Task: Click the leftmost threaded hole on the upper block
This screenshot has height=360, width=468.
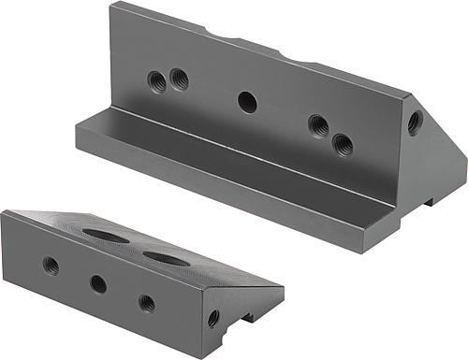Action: tap(157, 82)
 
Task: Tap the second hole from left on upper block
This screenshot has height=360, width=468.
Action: tap(179, 79)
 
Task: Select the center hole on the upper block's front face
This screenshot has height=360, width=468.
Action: tap(247, 101)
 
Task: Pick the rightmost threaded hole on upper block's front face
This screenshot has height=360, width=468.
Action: tap(344, 143)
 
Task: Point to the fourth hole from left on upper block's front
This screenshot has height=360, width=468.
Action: tap(318, 124)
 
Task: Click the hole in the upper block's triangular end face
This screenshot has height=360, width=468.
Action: tap(415, 121)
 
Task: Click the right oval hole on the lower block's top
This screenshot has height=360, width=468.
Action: tap(163, 255)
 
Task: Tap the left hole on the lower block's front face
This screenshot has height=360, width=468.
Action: tap(51, 266)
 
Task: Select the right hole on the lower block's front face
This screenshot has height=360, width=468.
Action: tap(147, 302)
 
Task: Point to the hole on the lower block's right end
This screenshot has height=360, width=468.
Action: tap(214, 318)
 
